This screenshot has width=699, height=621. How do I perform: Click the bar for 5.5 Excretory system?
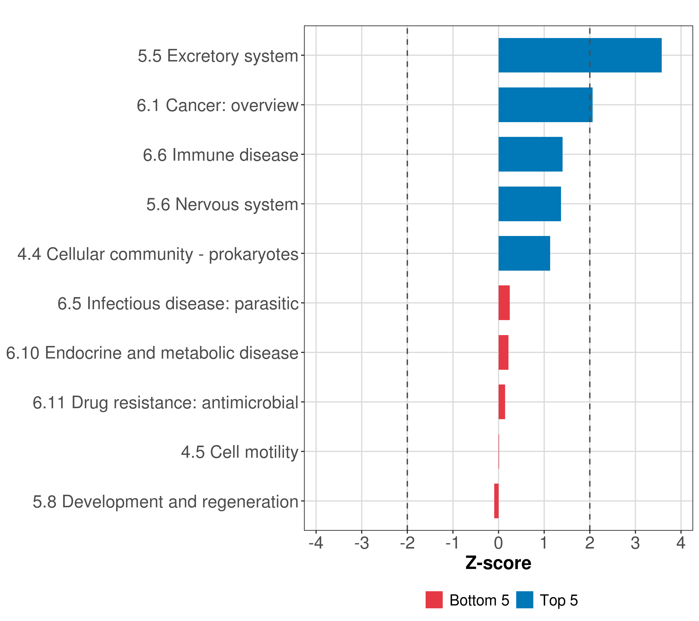[580, 55]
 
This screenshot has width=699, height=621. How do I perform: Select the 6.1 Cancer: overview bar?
[545, 105]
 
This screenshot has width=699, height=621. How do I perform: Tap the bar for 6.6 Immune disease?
[530, 154]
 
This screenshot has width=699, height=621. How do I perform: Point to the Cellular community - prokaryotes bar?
[524, 253]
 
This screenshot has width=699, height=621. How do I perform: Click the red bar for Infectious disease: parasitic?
[504, 303]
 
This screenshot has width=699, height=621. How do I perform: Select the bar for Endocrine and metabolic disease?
[503, 352]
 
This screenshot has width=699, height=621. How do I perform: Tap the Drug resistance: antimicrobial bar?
[501, 402]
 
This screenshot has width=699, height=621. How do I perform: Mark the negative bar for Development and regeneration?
[496, 501]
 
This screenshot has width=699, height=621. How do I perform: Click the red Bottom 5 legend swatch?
[434, 600]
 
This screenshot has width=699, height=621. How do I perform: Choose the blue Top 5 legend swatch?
[524, 600]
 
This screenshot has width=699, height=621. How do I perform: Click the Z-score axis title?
[498, 563]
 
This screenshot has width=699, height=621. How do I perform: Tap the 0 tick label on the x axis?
[498, 543]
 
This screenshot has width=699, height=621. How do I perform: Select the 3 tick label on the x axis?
[635, 543]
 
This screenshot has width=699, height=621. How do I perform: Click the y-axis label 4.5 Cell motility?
[239, 452]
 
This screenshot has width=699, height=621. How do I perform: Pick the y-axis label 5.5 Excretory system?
[218, 56]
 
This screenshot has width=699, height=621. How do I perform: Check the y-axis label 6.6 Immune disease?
[221, 155]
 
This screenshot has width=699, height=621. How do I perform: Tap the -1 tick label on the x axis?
[453, 543]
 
